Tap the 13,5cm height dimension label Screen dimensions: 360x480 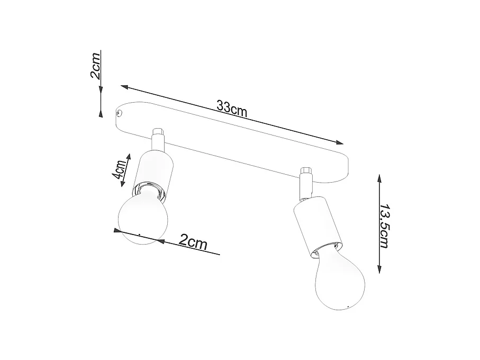[x=385, y=225]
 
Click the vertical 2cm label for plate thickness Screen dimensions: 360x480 [x=96, y=66]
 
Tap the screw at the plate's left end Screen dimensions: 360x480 [x=120, y=113]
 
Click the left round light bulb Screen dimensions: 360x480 [x=142, y=218]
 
